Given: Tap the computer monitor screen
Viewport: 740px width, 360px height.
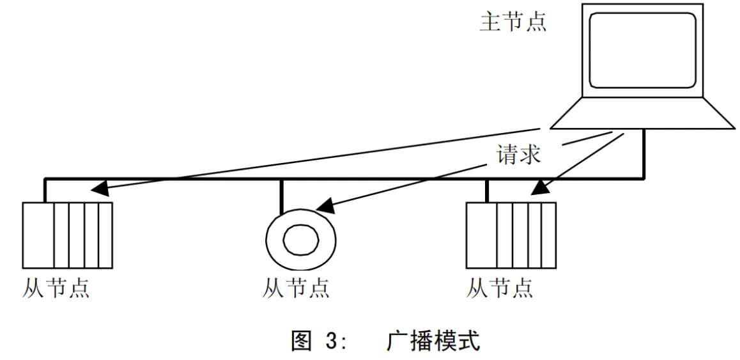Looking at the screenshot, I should pyautogui.click(x=642, y=51).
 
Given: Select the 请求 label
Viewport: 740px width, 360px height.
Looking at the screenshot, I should pyautogui.click(x=517, y=156).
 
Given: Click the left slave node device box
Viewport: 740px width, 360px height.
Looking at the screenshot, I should pyautogui.click(x=68, y=235).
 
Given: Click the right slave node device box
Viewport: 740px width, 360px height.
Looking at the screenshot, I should pyautogui.click(x=511, y=235).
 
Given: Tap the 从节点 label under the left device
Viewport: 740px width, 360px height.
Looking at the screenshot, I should pyautogui.click(x=56, y=288).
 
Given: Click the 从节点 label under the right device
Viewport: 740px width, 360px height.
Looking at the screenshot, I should pyautogui.click(x=500, y=288).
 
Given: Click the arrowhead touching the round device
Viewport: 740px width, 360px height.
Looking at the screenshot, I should pyautogui.click(x=325, y=207).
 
